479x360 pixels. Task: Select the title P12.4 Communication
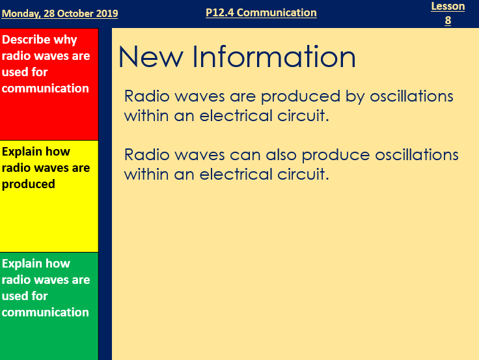click(x=261, y=12)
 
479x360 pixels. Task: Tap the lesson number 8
click(x=448, y=20)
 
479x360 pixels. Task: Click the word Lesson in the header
click(x=448, y=7)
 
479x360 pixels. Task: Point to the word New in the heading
click(x=146, y=57)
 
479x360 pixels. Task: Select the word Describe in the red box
click(x=31, y=40)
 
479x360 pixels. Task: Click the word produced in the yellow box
click(x=29, y=184)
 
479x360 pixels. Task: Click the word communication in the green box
click(x=46, y=312)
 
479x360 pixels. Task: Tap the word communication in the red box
click(x=46, y=89)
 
